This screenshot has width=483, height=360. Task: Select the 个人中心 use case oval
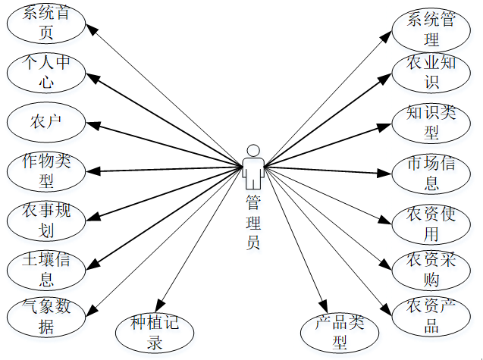(x=47, y=72)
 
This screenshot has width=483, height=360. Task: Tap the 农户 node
(x=47, y=121)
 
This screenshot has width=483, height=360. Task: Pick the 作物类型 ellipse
(x=47, y=171)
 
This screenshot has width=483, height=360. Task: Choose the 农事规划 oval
(x=47, y=219)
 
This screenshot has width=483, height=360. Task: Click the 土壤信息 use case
(x=47, y=268)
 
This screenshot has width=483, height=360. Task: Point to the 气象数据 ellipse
(x=47, y=317)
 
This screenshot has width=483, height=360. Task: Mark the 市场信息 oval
(x=432, y=173)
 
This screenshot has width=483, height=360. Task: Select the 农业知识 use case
(x=432, y=72)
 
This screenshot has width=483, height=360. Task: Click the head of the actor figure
(x=253, y=150)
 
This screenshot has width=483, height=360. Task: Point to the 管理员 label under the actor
(x=253, y=224)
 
